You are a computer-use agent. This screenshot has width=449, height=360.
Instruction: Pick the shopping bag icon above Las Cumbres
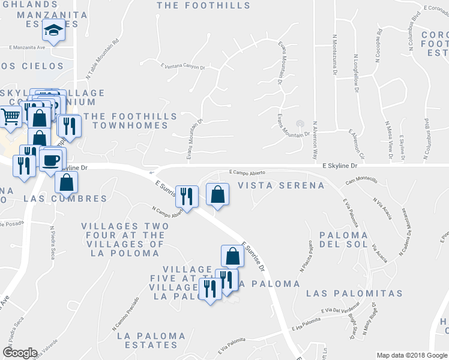[68, 182]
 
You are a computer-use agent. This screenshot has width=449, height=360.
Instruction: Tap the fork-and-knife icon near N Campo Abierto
[187, 196]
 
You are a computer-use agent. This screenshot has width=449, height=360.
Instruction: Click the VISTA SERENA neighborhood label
[281, 185]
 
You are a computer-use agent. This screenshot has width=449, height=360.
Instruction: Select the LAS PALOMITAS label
[354, 293]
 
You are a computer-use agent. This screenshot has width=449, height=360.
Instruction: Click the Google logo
[20, 352]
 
